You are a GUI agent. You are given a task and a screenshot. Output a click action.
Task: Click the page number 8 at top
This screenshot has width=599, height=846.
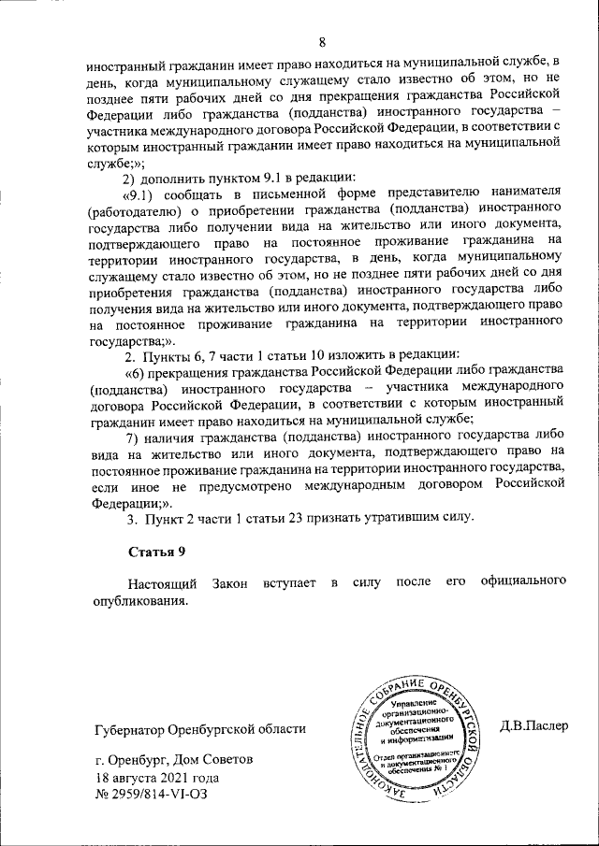[321, 41]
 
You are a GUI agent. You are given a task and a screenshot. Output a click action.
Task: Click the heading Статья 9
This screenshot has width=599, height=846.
[157, 552]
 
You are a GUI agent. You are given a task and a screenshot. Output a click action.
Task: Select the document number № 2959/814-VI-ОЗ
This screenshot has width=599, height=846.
[149, 795]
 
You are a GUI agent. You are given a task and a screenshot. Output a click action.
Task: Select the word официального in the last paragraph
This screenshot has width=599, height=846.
[521, 583]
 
